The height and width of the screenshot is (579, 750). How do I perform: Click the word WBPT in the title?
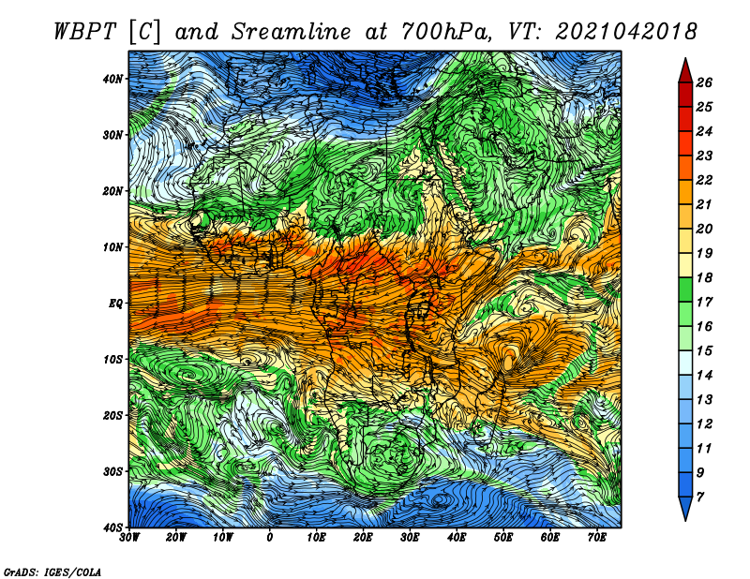click(x=84, y=32)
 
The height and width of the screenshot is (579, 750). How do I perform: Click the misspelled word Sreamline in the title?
click(x=291, y=32)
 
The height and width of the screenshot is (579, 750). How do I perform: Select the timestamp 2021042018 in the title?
click(x=625, y=32)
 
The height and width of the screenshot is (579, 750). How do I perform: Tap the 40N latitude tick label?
click(x=112, y=79)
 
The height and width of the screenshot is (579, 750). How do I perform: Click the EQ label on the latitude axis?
click(x=115, y=304)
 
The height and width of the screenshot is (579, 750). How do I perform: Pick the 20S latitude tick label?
click(x=112, y=415)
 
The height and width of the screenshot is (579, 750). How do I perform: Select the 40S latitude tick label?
click(x=112, y=527)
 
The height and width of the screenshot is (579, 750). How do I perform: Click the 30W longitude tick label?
click(x=129, y=538)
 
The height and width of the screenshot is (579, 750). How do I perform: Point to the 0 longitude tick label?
click(x=270, y=538)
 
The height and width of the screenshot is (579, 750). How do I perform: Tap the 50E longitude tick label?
click(x=503, y=538)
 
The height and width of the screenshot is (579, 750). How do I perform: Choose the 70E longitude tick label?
click(x=597, y=538)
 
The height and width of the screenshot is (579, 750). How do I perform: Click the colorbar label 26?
click(x=704, y=82)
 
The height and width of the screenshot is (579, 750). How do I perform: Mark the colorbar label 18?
click(x=704, y=277)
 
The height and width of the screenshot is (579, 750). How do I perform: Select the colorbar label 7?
click(x=700, y=497)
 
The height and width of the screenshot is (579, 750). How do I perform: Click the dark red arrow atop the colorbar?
click(x=685, y=72)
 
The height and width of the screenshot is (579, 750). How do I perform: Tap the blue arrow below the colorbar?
click(x=685, y=507)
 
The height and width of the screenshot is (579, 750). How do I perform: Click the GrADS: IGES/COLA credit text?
click(x=52, y=572)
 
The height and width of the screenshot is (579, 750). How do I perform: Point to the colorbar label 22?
click(x=704, y=180)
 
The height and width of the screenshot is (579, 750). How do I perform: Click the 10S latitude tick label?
click(x=112, y=359)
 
